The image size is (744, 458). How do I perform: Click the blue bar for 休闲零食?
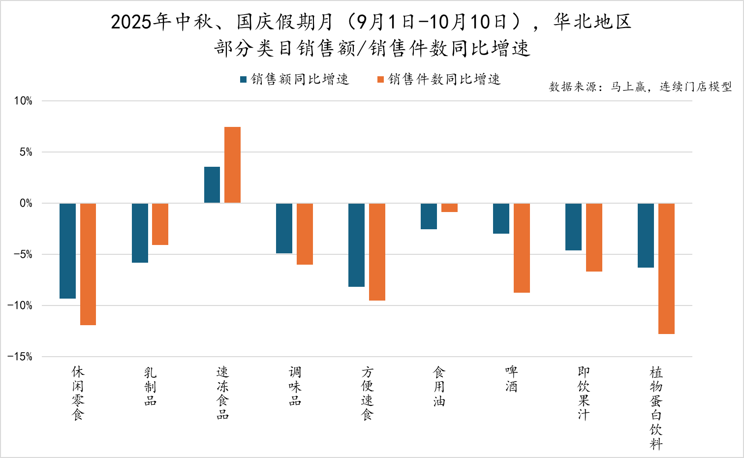pyautogui.click(x=68, y=251)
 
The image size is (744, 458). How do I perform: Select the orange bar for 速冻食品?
pyautogui.click(x=232, y=165)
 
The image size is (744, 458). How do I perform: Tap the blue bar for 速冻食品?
pyautogui.click(x=212, y=185)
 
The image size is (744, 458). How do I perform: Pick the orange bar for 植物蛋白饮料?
pyautogui.click(x=666, y=269)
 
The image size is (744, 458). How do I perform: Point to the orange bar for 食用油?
pyautogui.click(x=449, y=208)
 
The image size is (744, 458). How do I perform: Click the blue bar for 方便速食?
pyautogui.click(x=356, y=245)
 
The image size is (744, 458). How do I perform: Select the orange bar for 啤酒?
pyautogui.click(x=522, y=248)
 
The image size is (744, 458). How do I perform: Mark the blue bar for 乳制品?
pyautogui.click(x=140, y=233)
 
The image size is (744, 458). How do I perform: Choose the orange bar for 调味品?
pyautogui.click(x=305, y=234)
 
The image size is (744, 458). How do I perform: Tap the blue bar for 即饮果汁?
pyautogui.click(x=573, y=227)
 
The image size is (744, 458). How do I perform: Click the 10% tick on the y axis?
pyautogui.click(x=23, y=101)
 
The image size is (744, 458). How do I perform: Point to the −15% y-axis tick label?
pyautogui.click(x=20, y=357)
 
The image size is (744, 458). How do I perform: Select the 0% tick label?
pyautogui.click(x=26, y=203)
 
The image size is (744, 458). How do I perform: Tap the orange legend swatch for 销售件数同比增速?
pyautogui.click(x=380, y=79)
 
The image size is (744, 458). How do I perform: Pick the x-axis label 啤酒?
pyautogui.click(x=512, y=379)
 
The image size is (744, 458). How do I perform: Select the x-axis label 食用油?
pyautogui.click(x=439, y=386)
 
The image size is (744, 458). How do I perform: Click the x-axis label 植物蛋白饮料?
pyautogui.click(x=656, y=408)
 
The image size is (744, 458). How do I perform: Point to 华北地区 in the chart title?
pyautogui.click(x=592, y=22)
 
